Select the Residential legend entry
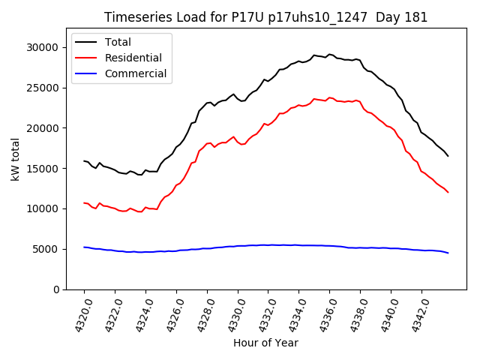[133, 58]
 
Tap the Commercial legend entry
[136, 73]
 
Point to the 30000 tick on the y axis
[43, 47]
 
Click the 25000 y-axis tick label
[43, 88]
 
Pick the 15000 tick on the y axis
[43, 168]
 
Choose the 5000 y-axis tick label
[46, 249]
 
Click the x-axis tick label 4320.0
[79, 313]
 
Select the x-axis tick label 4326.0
[171, 313]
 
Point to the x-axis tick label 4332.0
[262, 313]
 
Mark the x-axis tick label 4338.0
[355, 313]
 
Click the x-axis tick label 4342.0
[416, 313]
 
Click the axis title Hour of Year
[265, 343]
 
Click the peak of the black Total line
[330, 54]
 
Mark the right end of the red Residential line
[448, 192]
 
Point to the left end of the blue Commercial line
[84, 247]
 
